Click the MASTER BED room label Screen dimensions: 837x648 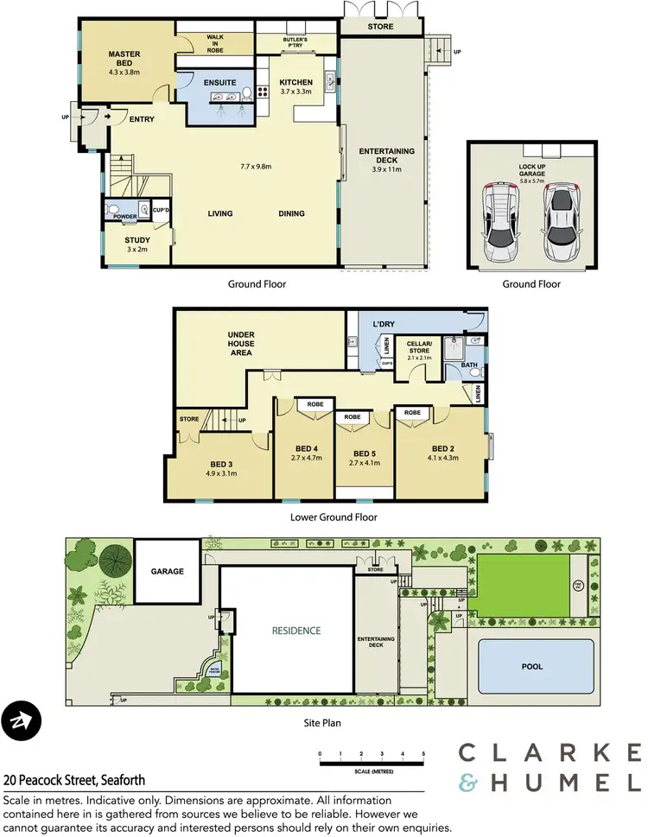pyautogui.click(x=124, y=54)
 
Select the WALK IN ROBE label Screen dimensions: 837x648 pyautogui.click(x=215, y=44)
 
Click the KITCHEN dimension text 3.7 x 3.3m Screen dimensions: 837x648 pyautogui.click(x=295, y=91)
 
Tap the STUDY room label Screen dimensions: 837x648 pyautogui.click(x=137, y=240)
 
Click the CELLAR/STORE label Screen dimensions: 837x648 pyautogui.click(x=424, y=347)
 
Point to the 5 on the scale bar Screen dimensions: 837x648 pyautogui.click(x=423, y=754)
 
